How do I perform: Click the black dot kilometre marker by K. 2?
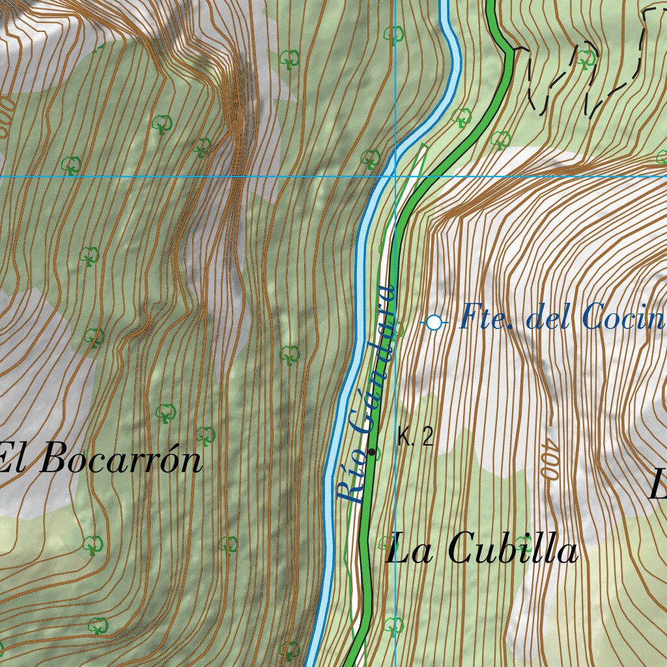[372, 451]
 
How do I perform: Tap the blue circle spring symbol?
[434, 322]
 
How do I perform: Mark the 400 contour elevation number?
[548, 462]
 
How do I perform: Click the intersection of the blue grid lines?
[395, 176]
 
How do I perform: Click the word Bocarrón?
[121, 461]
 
